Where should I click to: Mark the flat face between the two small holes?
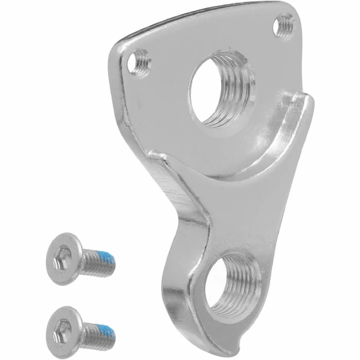tap(206, 39)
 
